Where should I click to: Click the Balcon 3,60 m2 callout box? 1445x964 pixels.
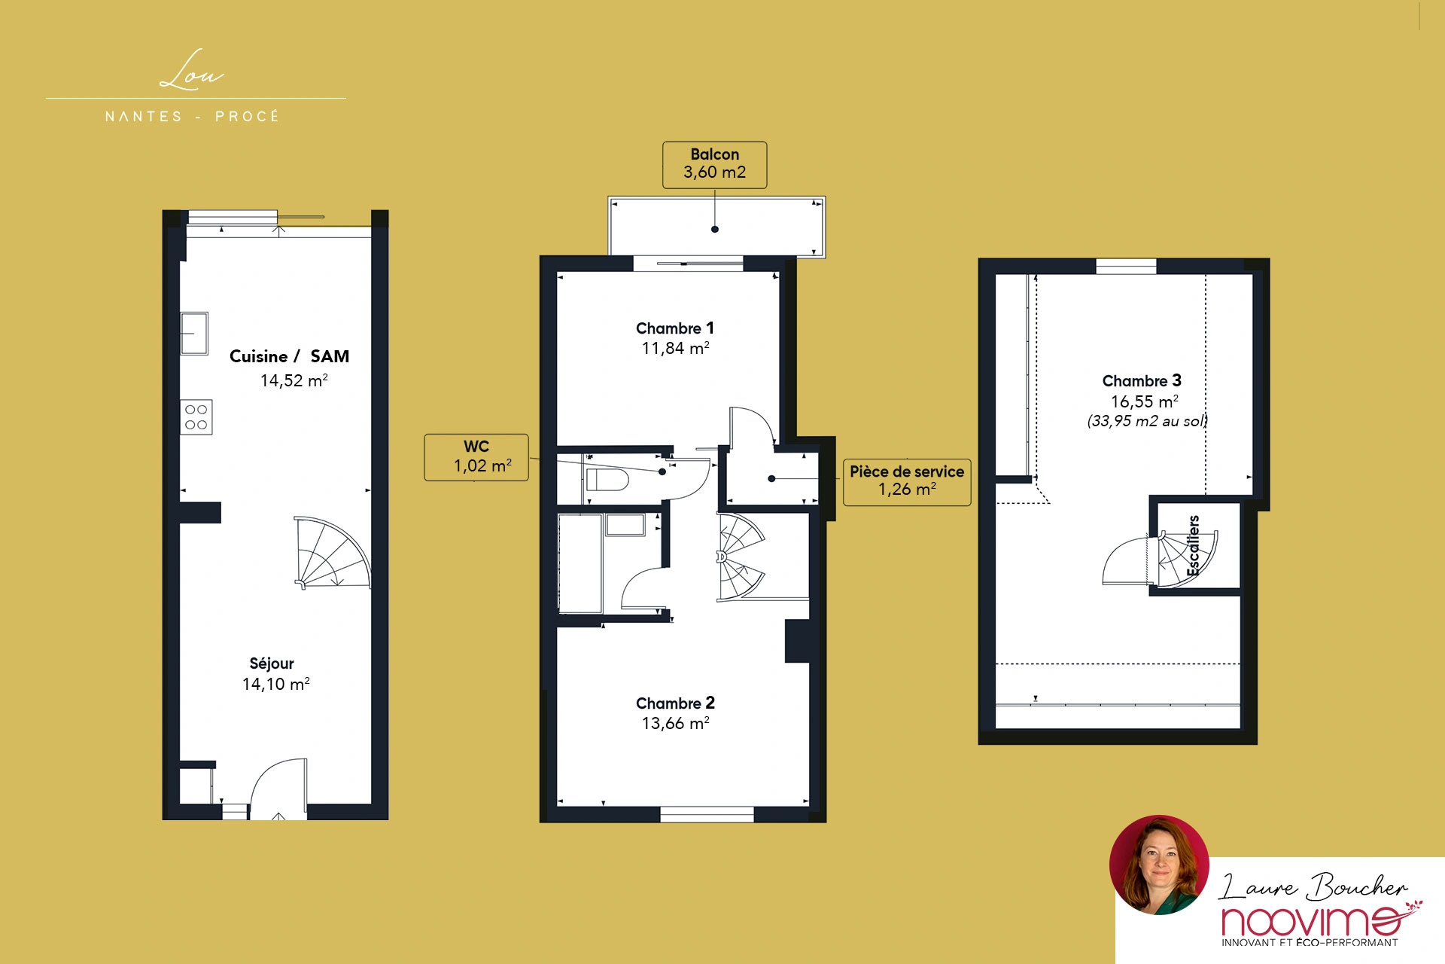pyautogui.click(x=714, y=165)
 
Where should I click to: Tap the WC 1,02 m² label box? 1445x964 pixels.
pyautogui.click(x=476, y=457)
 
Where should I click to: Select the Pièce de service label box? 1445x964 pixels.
pyautogui.click(x=907, y=482)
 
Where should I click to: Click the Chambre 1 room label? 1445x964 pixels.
pyautogui.click(x=675, y=328)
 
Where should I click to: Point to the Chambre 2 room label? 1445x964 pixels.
pyautogui.click(x=675, y=703)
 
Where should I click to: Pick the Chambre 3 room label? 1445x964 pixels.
pyautogui.click(x=1142, y=381)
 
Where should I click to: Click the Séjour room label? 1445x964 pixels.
pyautogui.click(x=272, y=664)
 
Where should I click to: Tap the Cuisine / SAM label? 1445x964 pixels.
pyautogui.click(x=289, y=356)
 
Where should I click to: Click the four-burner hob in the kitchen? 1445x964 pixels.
pyautogui.click(x=196, y=417)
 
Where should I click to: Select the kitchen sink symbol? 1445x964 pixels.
pyautogui.click(x=194, y=333)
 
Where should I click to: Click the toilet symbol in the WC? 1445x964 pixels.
pyautogui.click(x=607, y=480)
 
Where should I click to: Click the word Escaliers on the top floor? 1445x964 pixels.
pyautogui.click(x=1193, y=546)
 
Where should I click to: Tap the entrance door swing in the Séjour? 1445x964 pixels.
pyautogui.click(x=278, y=788)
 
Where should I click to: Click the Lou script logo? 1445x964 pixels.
pyautogui.click(x=192, y=71)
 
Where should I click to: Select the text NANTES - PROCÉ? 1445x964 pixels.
pyautogui.click(x=193, y=117)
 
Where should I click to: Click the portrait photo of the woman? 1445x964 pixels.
pyautogui.click(x=1159, y=865)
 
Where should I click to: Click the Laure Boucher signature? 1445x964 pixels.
pyautogui.click(x=1313, y=886)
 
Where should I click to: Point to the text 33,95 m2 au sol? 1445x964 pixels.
pyautogui.click(x=1147, y=421)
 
